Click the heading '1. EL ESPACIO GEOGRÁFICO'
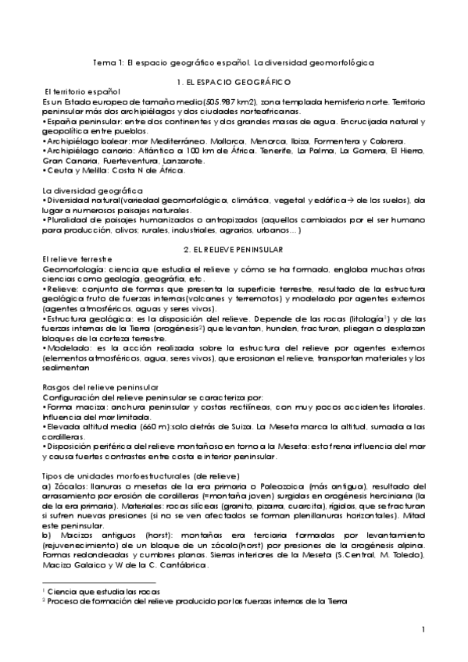234,82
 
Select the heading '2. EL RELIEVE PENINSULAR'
234,248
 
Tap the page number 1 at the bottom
422,629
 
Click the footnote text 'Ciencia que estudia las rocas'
100,592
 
